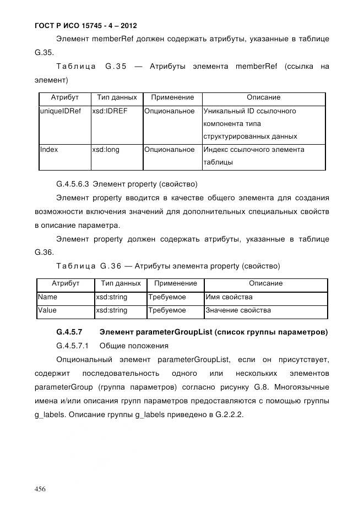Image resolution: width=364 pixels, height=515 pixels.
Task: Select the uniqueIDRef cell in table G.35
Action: coord(61,111)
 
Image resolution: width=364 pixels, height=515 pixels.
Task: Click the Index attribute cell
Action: coord(49,150)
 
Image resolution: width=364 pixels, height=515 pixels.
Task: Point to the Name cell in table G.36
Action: coord(47,297)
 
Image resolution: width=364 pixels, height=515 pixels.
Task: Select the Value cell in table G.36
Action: coord(47,310)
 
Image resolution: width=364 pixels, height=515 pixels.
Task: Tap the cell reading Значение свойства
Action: coord(238,310)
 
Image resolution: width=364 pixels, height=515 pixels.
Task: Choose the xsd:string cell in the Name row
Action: coord(112,297)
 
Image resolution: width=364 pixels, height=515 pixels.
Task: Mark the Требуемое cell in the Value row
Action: coord(167,310)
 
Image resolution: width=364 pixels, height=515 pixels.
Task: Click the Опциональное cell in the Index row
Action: coord(170,150)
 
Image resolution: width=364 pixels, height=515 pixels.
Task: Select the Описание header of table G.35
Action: coord(263,97)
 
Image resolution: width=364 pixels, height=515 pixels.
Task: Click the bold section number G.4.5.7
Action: coord(69,332)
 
